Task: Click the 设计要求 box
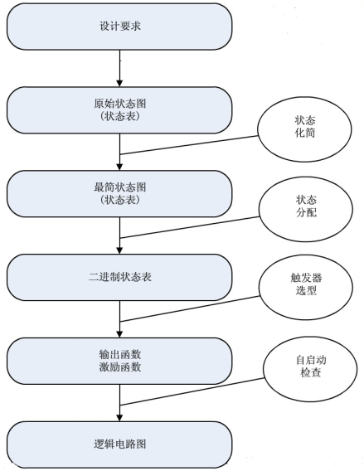point(120,27)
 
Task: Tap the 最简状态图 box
point(120,193)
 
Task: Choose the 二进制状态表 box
point(120,277)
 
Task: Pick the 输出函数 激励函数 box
point(120,360)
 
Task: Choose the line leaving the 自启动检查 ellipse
point(191,391)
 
